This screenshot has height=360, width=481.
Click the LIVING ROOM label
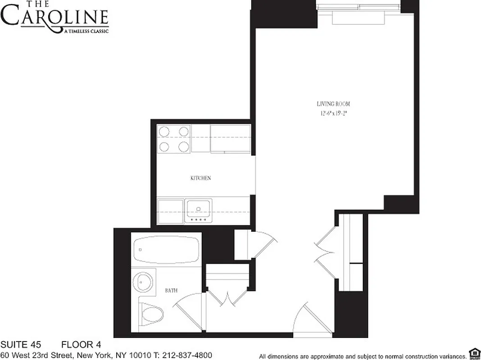pos(333,104)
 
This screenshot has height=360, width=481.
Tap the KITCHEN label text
pos(200,178)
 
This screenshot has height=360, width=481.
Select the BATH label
pos(171,291)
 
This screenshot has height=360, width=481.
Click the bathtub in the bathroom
pos(166,250)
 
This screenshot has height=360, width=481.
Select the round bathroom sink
pos(143,282)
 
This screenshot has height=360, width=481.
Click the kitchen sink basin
pos(198,209)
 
